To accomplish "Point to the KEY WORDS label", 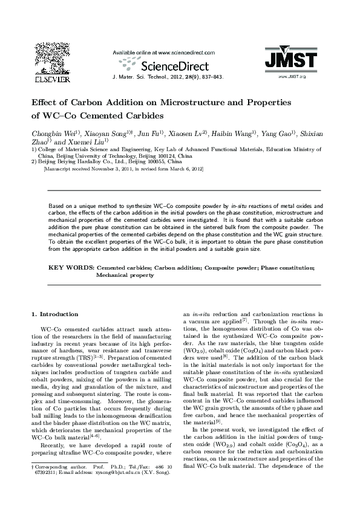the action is [70, 267].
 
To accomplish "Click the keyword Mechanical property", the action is [125, 274].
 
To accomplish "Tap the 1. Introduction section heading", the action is [54, 314].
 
